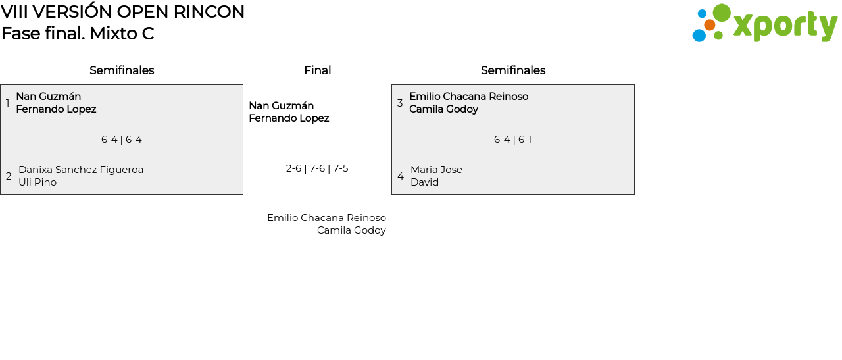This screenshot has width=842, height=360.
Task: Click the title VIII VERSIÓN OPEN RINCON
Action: [x=122, y=12]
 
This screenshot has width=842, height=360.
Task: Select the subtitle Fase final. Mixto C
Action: [x=78, y=34]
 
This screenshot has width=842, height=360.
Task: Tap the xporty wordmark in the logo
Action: [x=785, y=26]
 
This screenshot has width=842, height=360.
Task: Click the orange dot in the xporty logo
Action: [x=709, y=25]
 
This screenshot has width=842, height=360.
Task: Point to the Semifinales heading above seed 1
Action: [x=122, y=70]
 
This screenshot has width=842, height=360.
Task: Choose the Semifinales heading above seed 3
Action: [x=513, y=70]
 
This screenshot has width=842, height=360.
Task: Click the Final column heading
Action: [x=317, y=70]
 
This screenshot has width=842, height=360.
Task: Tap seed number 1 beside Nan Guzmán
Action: [x=8, y=103]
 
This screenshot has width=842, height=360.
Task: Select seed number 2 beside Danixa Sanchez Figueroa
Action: [x=9, y=176]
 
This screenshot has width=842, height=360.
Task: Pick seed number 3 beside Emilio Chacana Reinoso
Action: [x=400, y=103]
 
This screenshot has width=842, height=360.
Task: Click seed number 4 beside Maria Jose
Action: [x=401, y=176]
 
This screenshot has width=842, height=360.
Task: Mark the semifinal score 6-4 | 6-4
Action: [x=122, y=140]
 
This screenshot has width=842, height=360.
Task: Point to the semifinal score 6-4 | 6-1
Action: [x=513, y=140]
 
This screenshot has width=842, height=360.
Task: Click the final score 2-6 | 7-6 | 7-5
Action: [x=317, y=168]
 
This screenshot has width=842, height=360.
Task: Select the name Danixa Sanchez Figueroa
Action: [x=81, y=170]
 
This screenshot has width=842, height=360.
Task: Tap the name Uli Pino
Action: [x=37, y=182]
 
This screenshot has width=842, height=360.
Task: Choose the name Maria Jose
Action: [x=436, y=170]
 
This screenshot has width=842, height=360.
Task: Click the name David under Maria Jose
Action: [x=424, y=182]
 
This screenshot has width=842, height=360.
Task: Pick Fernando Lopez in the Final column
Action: [x=289, y=118]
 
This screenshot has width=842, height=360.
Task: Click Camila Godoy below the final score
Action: [x=351, y=230]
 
